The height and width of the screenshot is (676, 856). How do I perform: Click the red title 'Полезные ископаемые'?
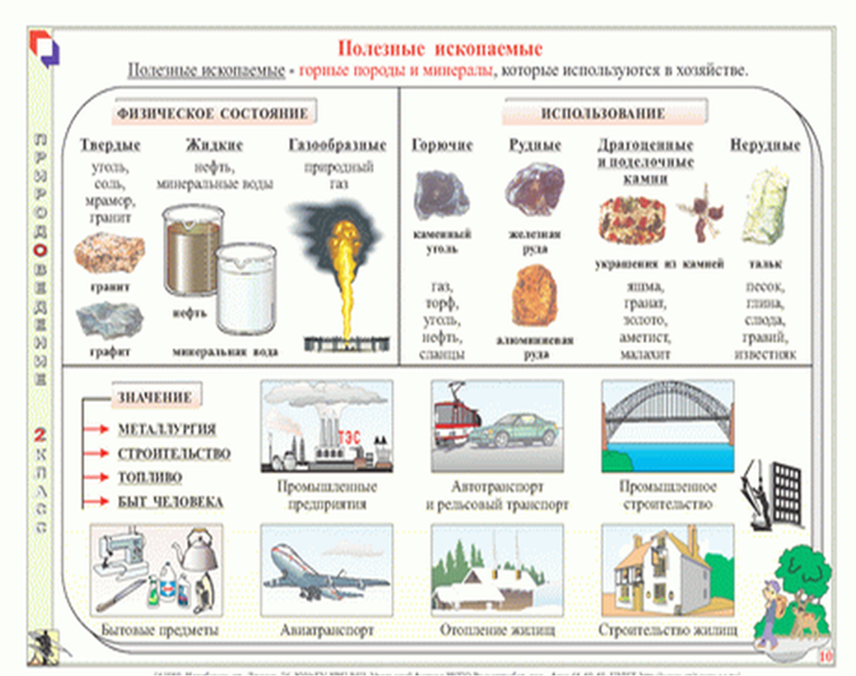(440, 48)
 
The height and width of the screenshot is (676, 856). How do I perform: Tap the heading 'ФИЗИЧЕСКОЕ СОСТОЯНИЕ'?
(212, 113)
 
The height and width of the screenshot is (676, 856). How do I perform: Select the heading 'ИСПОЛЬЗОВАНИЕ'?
(603, 113)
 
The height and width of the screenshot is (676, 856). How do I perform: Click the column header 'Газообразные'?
(337, 145)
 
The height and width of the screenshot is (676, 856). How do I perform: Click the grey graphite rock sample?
(109, 320)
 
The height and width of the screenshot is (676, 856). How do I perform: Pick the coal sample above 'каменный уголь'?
(441, 195)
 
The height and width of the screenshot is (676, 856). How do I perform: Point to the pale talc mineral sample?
(764, 208)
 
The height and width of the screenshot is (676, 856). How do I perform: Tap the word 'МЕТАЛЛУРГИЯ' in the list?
(166, 429)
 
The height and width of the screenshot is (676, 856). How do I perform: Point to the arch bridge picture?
(667, 425)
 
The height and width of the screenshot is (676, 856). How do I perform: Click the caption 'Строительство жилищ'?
(667, 630)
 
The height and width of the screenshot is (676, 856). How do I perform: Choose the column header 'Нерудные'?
(765, 145)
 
